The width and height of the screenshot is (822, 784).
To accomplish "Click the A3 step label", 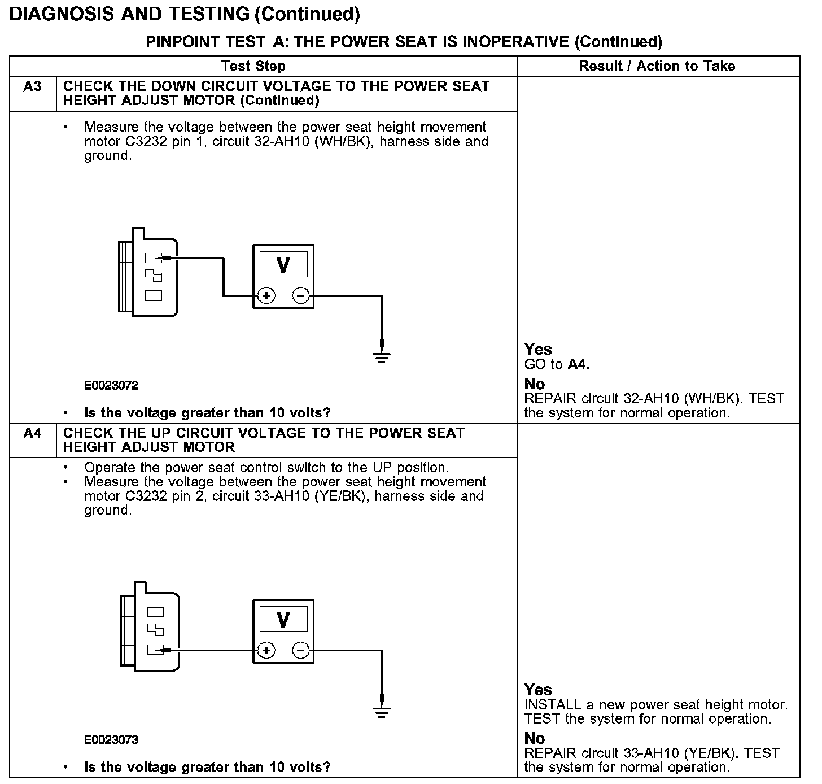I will click(x=32, y=87).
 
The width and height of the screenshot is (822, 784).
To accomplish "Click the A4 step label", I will click(x=32, y=434).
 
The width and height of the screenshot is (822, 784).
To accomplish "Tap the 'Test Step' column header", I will click(x=253, y=66).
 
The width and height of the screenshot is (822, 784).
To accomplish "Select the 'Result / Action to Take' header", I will click(x=657, y=66).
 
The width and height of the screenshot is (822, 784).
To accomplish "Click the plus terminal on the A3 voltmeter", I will click(x=266, y=295).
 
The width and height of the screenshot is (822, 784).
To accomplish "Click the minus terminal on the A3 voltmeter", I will click(x=301, y=295).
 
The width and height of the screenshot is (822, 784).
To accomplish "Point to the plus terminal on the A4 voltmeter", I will click(x=266, y=651).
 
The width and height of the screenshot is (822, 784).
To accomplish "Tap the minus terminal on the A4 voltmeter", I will click(x=301, y=651).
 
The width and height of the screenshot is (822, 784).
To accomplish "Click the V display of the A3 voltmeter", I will click(x=283, y=264).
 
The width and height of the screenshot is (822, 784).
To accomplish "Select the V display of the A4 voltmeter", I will click(x=283, y=619).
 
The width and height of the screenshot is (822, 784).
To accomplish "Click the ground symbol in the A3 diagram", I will click(x=382, y=356).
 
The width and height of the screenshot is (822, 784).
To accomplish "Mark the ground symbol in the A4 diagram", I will click(x=382, y=711).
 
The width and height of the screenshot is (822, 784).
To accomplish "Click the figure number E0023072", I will click(x=111, y=386).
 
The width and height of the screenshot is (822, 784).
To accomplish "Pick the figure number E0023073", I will click(x=111, y=740).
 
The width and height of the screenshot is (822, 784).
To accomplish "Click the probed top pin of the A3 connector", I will click(x=153, y=258).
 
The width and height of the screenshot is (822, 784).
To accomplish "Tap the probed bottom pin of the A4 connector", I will click(x=155, y=650).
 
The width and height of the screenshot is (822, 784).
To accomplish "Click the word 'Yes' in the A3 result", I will click(x=538, y=350).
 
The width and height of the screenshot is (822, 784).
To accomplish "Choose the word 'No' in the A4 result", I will click(x=535, y=738).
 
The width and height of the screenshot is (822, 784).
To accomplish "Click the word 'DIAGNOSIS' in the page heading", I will click(x=63, y=14).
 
